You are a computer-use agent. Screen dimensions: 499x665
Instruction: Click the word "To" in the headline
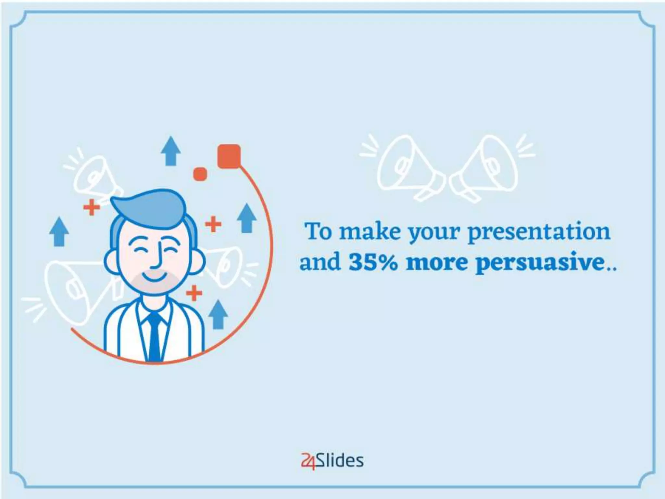(319, 231)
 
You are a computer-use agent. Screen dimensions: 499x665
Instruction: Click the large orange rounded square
(229, 156)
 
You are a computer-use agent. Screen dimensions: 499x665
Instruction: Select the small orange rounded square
(200, 174)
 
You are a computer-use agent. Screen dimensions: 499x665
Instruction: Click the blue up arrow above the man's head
(171, 151)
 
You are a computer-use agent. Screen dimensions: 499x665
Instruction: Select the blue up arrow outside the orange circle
(59, 231)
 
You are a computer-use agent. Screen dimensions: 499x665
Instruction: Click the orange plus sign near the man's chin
(194, 293)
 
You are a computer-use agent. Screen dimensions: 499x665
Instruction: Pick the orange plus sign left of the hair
(92, 207)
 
